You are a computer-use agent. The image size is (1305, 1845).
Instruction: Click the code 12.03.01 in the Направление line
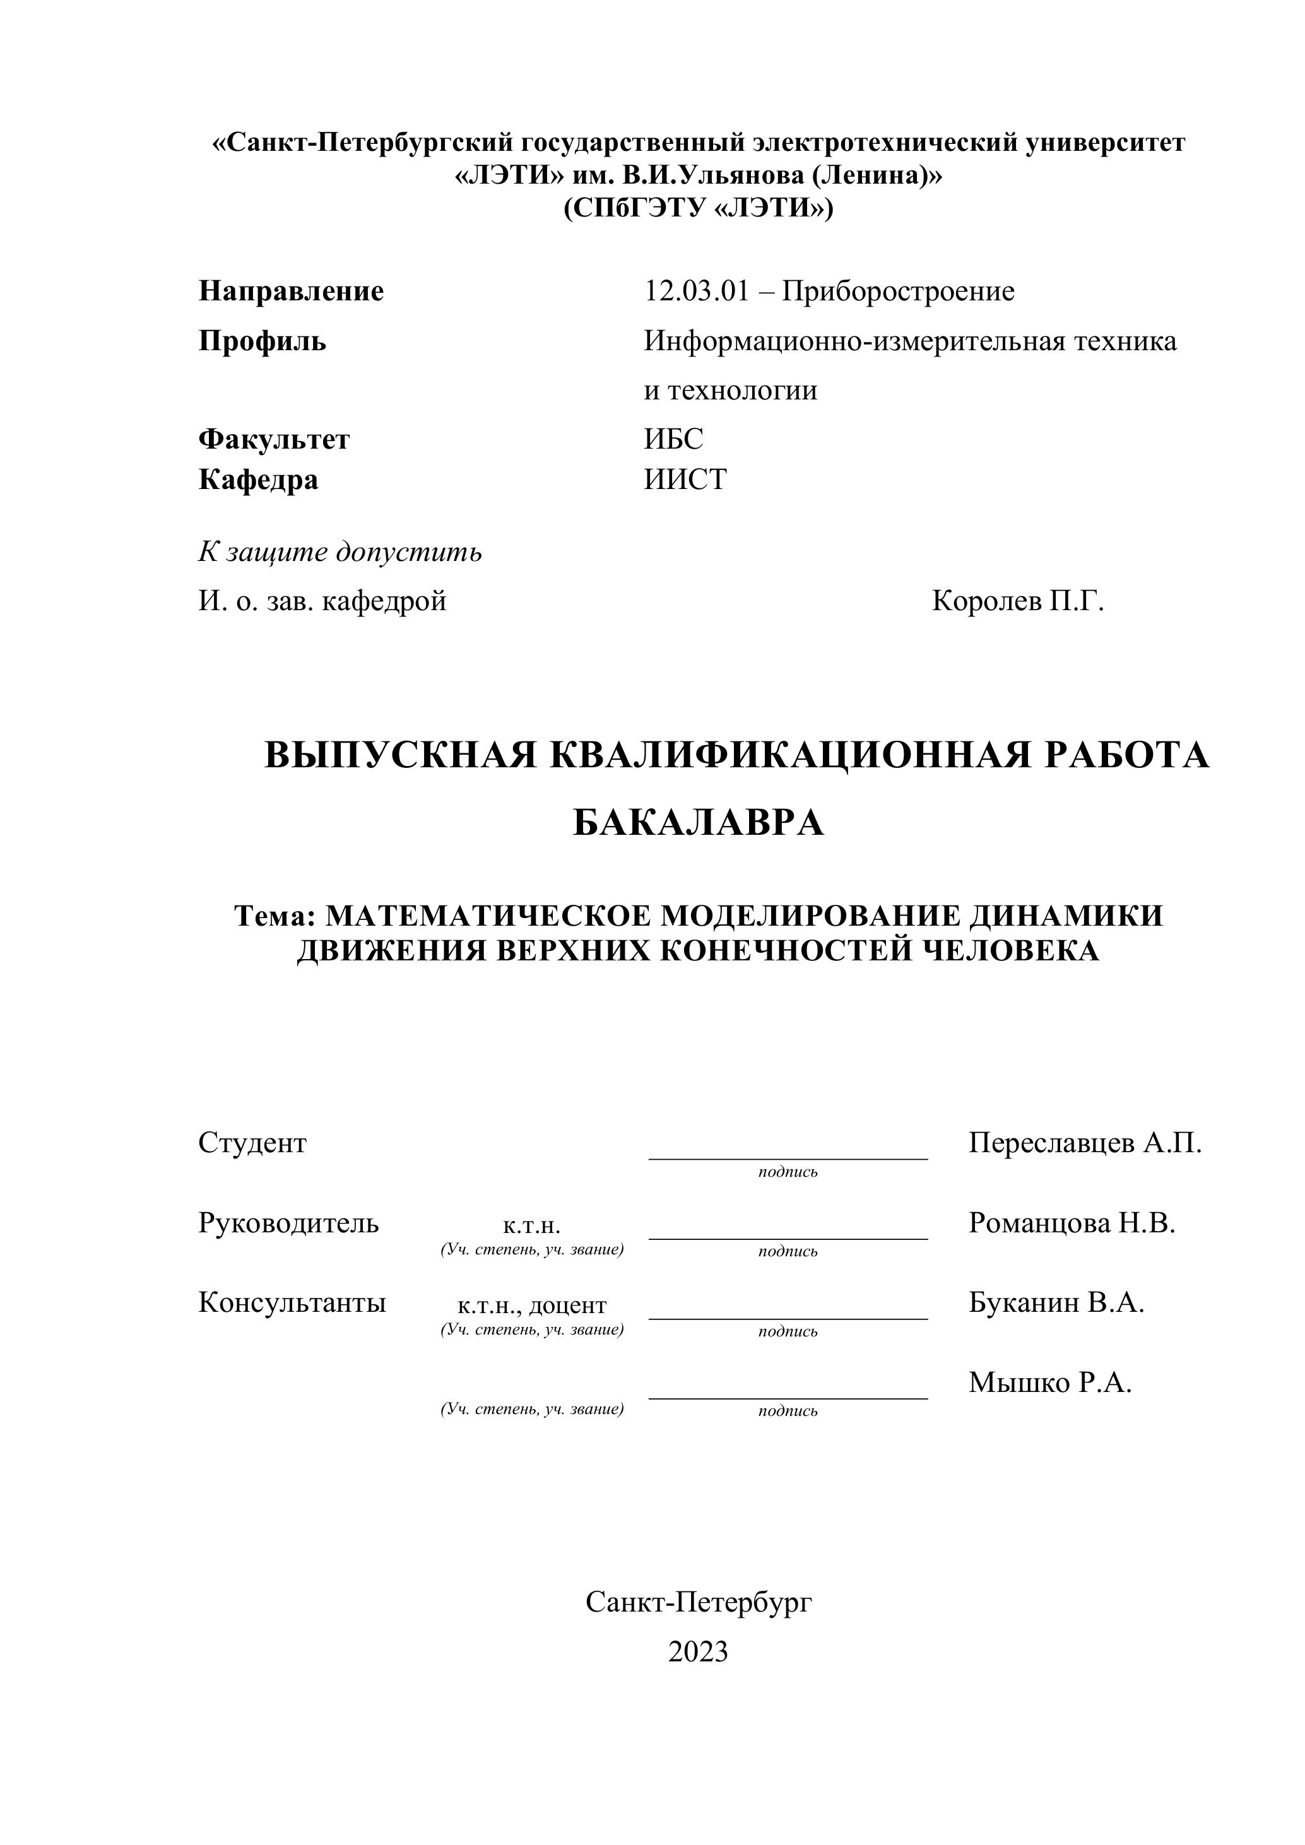[696, 292]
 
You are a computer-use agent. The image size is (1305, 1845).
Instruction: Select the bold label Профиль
[262, 341]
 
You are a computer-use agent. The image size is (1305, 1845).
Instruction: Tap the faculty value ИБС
[673, 439]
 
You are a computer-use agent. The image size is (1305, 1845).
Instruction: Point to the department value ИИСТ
[685, 480]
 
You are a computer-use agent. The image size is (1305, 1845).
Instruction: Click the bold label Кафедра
[258, 480]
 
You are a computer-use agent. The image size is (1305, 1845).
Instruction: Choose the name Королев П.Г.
[1018, 600]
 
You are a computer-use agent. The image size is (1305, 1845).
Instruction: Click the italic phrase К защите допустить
[340, 552]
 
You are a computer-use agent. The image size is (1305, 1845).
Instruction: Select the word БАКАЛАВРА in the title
[699, 823]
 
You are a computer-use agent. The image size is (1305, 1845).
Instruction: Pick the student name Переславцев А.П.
[1085, 1143]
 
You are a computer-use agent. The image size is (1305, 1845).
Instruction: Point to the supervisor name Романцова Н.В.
[1072, 1222]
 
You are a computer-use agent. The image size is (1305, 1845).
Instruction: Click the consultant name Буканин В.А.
[1056, 1302]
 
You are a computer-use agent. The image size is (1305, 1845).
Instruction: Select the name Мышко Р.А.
[1049, 1382]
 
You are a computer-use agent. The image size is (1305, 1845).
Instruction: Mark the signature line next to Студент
[788, 1158]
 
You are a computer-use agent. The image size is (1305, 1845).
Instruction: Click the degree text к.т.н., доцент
[532, 1305]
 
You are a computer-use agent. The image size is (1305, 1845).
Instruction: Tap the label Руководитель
[288, 1223]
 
